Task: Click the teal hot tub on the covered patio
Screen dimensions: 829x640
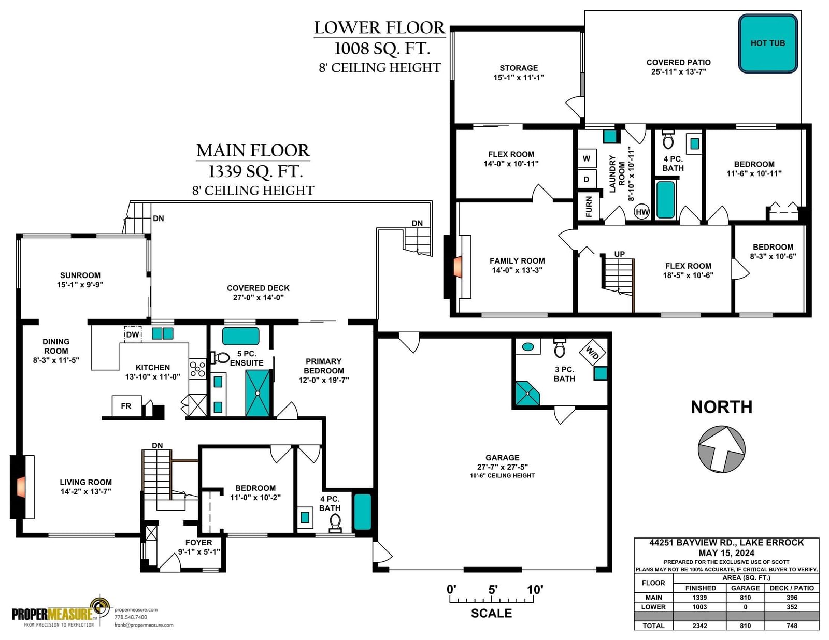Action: click(767, 43)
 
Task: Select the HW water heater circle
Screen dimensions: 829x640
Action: click(641, 212)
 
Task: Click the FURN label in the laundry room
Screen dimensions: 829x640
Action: click(589, 206)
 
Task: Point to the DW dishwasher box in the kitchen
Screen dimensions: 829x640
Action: click(133, 334)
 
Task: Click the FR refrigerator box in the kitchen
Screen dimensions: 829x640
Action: click(126, 406)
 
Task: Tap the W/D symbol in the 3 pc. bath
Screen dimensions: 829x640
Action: click(592, 353)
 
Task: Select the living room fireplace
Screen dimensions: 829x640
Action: click(22, 487)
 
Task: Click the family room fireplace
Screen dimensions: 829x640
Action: click(456, 267)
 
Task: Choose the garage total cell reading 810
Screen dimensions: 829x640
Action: click(745, 626)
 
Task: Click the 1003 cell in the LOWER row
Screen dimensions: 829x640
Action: click(699, 607)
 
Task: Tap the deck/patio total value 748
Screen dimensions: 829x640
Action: click(792, 626)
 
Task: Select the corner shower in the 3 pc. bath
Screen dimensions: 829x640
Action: click(527, 394)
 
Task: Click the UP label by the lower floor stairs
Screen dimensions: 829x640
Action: click(619, 254)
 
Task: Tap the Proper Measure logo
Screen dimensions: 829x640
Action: click(61, 613)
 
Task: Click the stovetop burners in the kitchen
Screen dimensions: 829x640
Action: click(197, 369)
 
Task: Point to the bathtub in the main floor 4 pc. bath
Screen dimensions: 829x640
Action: click(362, 512)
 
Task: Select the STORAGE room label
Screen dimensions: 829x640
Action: click(519, 68)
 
